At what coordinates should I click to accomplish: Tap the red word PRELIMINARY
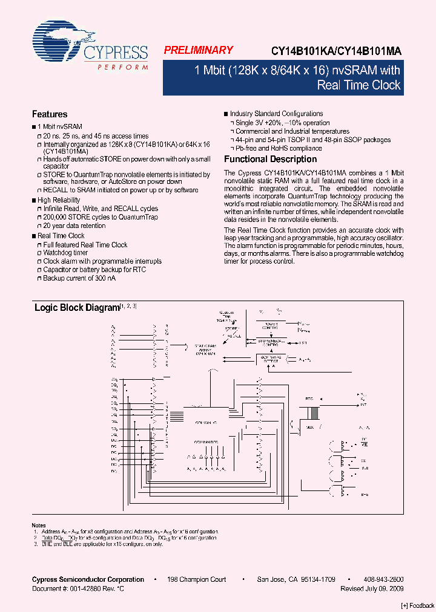(x=198, y=51)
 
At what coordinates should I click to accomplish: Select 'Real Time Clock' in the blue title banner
(x=358, y=85)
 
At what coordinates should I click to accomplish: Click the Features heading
(x=50, y=114)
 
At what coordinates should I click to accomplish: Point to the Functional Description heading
(x=270, y=160)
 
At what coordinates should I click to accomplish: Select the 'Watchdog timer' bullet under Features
(x=65, y=253)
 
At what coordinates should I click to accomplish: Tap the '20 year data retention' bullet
(x=74, y=226)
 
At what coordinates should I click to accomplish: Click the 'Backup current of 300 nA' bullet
(x=79, y=278)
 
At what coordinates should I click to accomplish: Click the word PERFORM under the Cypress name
(x=122, y=67)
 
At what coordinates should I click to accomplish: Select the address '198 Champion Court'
(x=196, y=579)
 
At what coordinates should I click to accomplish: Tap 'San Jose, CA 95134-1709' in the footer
(x=296, y=579)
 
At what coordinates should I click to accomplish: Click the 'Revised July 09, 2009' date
(x=372, y=588)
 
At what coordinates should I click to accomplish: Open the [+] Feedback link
(x=418, y=606)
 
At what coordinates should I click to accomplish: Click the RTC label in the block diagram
(x=309, y=399)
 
